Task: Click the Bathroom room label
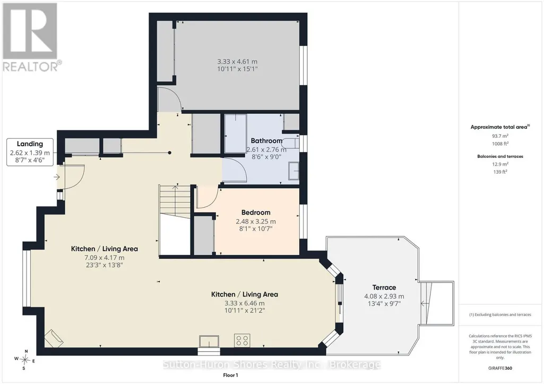(x=266, y=140)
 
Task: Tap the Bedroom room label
(x=256, y=212)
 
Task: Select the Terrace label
(x=384, y=288)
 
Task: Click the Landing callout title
(x=30, y=144)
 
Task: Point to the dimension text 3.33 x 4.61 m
(x=237, y=61)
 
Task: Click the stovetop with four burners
(x=242, y=341)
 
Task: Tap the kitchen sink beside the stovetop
(x=209, y=341)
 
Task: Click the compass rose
(x=24, y=360)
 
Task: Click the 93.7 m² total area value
(x=500, y=136)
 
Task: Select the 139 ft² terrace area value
(x=500, y=172)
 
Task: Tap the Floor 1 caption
(x=230, y=375)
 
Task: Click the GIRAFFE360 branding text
(x=500, y=368)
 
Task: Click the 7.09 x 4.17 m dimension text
(x=105, y=257)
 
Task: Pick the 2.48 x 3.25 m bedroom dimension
(x=256, y=221)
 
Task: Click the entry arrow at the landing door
(x=57, y=177)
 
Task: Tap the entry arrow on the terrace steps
(x=424, y=303)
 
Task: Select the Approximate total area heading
(x=500, y=127)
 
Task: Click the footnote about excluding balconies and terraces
(x=500, y=315)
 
